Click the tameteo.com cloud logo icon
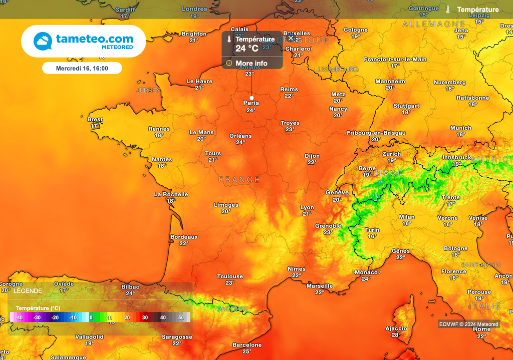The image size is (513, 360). click(43, 41)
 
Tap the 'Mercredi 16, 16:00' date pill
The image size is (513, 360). click(82, 68)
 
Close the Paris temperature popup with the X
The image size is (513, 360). click(291, 38)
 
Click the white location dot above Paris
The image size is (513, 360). click(251, 98)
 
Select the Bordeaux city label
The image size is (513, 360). click(184, 237)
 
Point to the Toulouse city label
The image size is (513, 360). click(230, 276)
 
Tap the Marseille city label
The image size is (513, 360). click(320, 286)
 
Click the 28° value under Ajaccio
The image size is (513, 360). click(396, 335)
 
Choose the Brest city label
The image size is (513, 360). click(95, 120)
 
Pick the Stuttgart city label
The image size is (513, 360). click(406, 106)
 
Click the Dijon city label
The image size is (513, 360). click(312, 156)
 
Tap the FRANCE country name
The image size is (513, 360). click(239, 180)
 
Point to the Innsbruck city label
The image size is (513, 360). click(456, 157)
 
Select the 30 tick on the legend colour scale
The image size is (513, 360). click(145, 317)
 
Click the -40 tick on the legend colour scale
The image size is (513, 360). click(19, 317)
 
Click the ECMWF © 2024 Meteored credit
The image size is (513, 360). click(469, 324)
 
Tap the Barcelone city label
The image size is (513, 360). click(247, 345)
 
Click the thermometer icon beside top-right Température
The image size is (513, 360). click(448, 10)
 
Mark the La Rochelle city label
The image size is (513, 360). click(171, 194)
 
